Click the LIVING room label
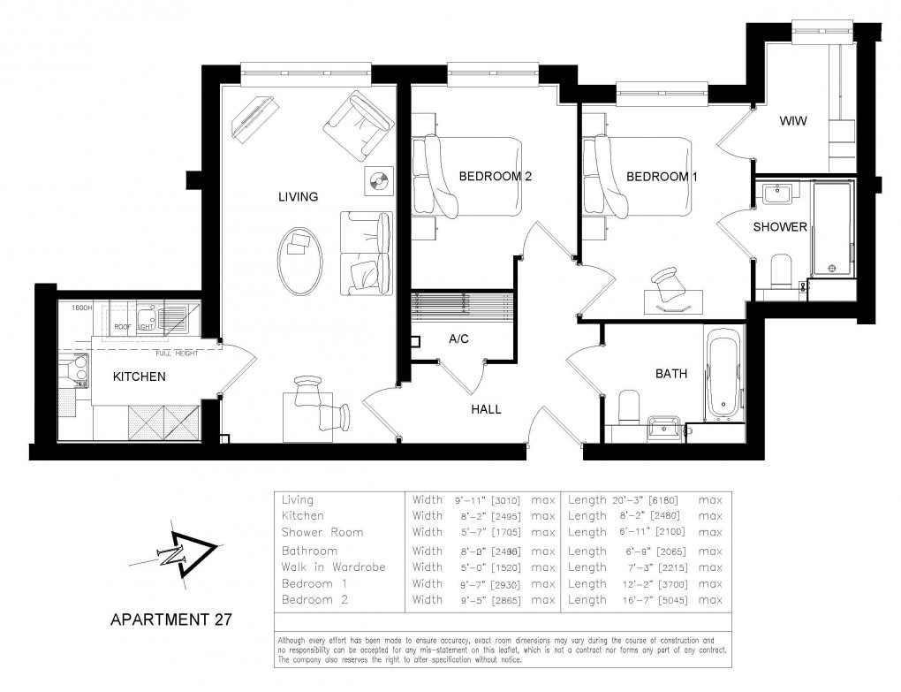pos(298,197)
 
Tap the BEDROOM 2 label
pos(495,177)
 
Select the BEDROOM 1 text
pos(662,177)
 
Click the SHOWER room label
pos(779,227)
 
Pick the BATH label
pos(670,374)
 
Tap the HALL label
pos(486,409)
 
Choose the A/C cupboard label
pos(458,338)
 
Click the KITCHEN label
pos(139,376)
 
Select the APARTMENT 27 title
pos(170,620)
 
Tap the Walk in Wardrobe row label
pos(334,567)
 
